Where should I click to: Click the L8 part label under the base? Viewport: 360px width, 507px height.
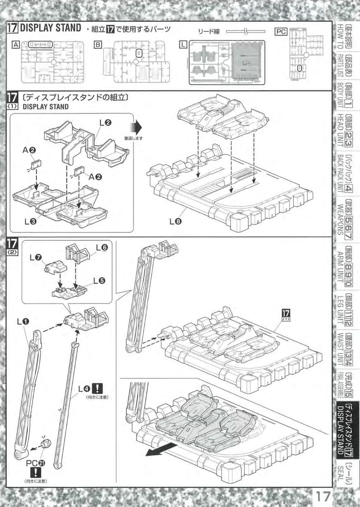(176, 222)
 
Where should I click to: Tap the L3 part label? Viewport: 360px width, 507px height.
(30, 222)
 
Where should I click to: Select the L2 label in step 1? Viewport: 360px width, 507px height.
(105, 123)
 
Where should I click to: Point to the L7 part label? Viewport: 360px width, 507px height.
(35, 258)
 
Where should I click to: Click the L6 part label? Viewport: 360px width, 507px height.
(101, 247)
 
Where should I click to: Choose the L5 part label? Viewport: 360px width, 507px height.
(99, 281)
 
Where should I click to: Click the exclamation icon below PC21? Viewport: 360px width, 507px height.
(35, 472)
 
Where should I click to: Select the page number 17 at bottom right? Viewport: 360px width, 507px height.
(323, 497)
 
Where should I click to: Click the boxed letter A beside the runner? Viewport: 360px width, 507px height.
(15, 44)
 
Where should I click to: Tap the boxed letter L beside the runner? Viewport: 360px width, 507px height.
(183, 44)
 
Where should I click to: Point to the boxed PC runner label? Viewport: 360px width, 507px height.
(281, 32)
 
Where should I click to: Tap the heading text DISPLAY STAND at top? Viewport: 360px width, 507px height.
(50, 28)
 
